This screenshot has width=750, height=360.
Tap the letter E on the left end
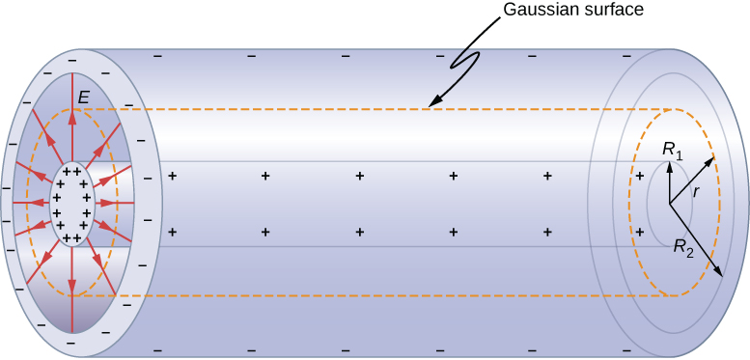point(85,97)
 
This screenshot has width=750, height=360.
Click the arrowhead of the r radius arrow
point(713,157)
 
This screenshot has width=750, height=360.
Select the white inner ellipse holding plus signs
point(72,204)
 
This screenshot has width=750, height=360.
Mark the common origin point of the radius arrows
point(669,204)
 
